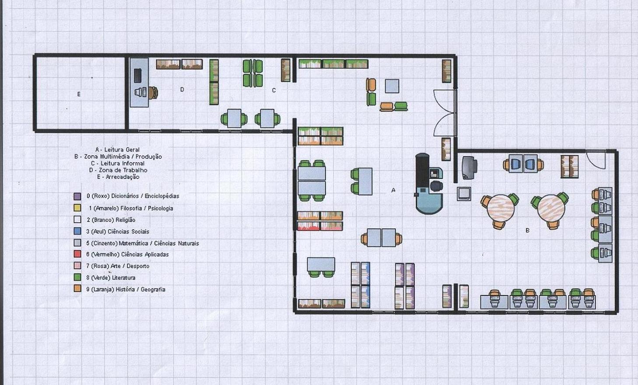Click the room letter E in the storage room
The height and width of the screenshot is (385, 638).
pos(79,94)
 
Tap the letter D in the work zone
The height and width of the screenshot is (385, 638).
pos(182,89)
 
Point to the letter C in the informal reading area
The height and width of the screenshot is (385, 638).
pos(274,90)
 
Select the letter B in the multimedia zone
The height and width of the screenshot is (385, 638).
pos(527,231)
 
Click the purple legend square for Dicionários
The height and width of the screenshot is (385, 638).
pos(77,196)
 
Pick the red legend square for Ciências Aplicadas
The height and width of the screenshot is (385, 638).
pos(77,254)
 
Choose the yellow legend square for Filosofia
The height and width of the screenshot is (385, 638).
pos(77,208)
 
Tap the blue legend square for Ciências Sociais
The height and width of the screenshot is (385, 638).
pos(77,231)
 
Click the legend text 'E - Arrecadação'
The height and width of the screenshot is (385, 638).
pos(118,177)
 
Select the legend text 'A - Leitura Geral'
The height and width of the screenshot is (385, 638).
pos(117,150)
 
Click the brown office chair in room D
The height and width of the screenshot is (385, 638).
pos(153,93)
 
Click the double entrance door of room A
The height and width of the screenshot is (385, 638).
pos(445,113)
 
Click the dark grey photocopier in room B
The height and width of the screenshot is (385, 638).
pos(469,168)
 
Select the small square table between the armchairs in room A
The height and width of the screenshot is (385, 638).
pos(392,86)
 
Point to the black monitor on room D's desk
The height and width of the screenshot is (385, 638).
pos(137,75)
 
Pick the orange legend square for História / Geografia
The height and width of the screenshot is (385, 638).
pos(77,289)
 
